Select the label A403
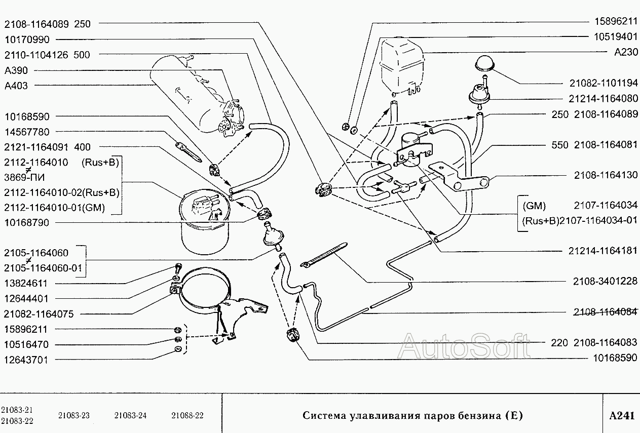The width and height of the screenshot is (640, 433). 16,86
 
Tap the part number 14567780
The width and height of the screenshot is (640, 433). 27,132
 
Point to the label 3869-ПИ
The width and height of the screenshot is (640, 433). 23,177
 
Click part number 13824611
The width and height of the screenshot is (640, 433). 27,284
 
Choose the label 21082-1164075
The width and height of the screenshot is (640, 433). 39,314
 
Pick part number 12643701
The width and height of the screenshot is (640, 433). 27,360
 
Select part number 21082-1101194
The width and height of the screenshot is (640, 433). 603,84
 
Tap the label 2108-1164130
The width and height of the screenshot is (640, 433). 606,175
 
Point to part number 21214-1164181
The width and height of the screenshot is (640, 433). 603,251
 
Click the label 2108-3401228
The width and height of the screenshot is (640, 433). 606,281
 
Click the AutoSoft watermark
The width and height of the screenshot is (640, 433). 465,347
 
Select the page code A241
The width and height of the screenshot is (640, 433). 621,416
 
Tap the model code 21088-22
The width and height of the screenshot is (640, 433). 187,416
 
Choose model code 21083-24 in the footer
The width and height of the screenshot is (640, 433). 131,416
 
